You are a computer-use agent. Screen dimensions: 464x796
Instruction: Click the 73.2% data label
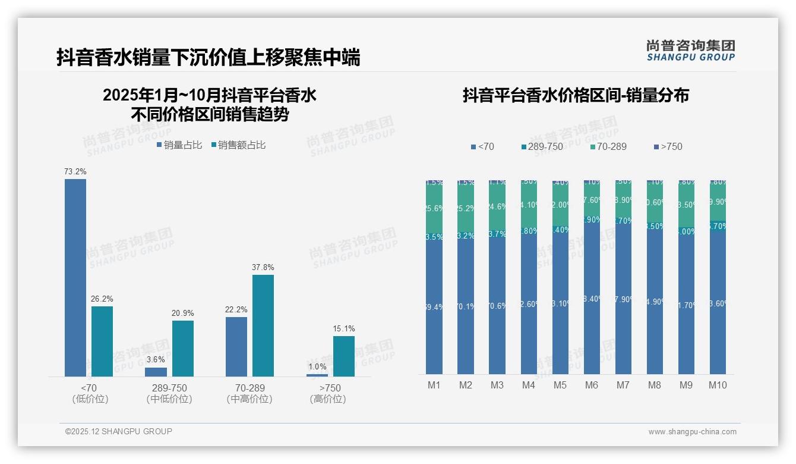point(75,171)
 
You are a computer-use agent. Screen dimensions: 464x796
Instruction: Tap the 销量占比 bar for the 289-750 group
point(156,372)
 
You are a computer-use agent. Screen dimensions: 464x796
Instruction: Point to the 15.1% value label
point(344,328)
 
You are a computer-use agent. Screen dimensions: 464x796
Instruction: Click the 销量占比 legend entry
point(179,145)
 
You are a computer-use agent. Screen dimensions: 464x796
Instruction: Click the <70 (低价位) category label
point(90,393)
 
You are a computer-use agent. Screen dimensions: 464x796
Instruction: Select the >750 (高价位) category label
point(327,393)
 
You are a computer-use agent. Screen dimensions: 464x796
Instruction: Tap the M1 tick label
point(434,385)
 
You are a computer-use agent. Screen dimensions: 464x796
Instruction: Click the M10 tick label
point(718,385)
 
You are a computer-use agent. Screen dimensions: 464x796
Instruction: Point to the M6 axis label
point(592,385)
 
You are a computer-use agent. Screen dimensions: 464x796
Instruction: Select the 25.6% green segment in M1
point(434,208)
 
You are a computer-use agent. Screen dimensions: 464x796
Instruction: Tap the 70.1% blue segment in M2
point(466,307)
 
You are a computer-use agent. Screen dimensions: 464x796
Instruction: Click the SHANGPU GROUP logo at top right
point(690,51)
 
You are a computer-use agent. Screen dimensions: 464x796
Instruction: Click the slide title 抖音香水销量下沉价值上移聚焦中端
point(208,58)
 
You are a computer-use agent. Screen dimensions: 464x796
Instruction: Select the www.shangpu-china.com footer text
point(692,432)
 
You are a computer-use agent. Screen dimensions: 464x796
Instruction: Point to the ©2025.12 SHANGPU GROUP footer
point(119,431)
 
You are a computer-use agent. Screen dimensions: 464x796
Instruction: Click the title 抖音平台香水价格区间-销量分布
point(576,96)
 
